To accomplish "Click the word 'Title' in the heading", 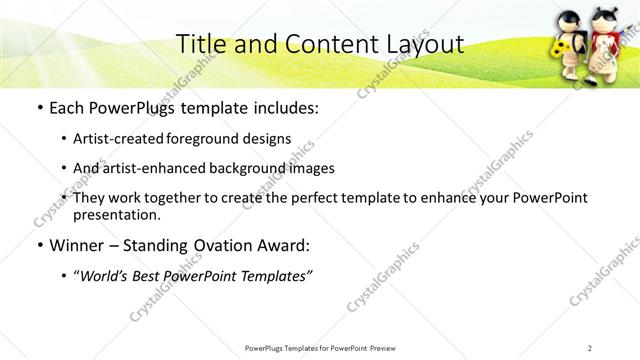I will [x=198, y=44].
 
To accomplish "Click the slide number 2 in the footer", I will [x=590, y=348].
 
